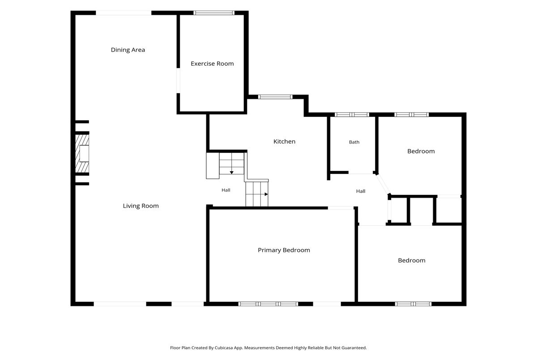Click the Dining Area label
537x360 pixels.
point(128,50)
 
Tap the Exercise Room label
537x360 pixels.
point(212,64)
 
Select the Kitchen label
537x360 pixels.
point(284,142)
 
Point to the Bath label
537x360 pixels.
point(354,142)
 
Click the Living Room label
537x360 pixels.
point(141,206)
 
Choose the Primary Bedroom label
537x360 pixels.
point(284,250)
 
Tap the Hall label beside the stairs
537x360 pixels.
point(226,190)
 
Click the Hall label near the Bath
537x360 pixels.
point(361,191)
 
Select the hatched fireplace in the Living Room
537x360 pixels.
point(82,153)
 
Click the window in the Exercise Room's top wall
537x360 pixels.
point(214,13)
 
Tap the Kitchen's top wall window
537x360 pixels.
point(275,97)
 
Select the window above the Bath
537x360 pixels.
point(352,115)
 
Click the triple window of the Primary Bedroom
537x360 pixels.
point(268,304)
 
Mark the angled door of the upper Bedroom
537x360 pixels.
point(383,184)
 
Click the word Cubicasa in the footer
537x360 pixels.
point(224,347)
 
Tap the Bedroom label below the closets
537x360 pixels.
point(412,260)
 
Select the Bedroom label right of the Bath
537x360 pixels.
point(421,151)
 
